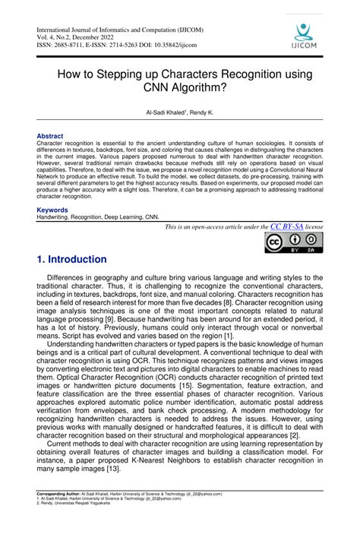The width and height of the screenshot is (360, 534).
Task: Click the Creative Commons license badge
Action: pyautogui.click(x=293, y=243)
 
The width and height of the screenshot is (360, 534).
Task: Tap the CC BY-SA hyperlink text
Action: pyautogui.click(x=287, y=226)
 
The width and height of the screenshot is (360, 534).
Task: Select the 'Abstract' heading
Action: pyautogui.click(x=50, y=136)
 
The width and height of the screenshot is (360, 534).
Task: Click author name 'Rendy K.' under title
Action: pyautogui.click(x=201, y=112)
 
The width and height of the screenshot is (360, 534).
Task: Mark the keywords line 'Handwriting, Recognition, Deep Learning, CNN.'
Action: pyautogui.click(x=99, y=216)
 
